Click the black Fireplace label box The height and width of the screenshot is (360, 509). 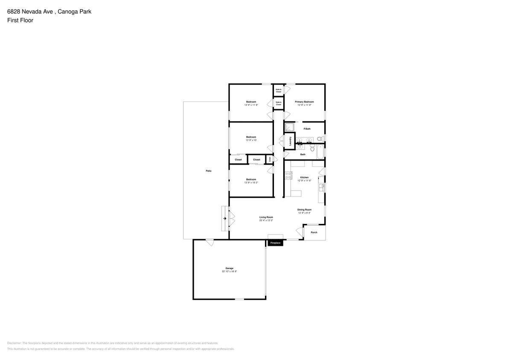tap(275, 243)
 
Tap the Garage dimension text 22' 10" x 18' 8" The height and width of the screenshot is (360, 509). tap(229, 271)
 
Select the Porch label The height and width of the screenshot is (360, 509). tap(314, 232)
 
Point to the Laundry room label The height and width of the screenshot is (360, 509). tap(290, 141)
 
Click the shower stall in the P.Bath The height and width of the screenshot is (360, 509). tap(290, 127)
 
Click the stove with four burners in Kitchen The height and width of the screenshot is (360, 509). tap(288, 175)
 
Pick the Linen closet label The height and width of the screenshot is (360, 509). tap(270, 160)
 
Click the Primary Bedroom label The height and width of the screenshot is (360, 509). tap(304, 102)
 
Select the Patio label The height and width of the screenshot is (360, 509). tap(209, 171)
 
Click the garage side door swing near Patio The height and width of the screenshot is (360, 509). tap(209, 242)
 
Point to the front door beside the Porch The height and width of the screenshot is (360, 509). tap(300, 232)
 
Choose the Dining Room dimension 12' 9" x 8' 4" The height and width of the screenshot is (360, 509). tap(304, 213)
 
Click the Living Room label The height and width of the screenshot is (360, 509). tap(266, 218)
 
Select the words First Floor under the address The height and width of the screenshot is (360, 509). tap(20, 20)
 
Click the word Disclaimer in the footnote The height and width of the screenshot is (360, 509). tap(14, 343)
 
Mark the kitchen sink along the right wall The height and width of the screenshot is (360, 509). tap(322, 186)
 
